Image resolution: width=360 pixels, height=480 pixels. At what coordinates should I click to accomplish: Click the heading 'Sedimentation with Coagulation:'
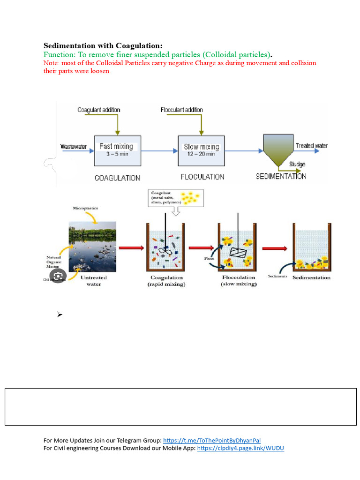(103, 45)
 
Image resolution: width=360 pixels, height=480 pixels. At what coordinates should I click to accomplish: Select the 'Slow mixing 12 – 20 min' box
(201, 150)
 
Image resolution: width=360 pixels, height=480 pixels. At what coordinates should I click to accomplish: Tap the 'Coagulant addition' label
(99, 110)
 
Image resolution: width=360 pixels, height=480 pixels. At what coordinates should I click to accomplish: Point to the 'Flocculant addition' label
(182, 110)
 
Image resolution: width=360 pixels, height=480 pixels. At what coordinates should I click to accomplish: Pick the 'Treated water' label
(311, 146)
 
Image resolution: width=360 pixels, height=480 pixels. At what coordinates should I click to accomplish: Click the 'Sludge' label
(297, 164)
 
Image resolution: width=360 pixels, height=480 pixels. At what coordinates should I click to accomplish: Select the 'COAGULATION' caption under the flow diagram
(117, 178)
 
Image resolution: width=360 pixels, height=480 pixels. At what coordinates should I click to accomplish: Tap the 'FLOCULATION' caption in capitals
(202, 177)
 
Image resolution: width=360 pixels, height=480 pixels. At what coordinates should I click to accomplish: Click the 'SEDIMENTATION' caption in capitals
(281, 177)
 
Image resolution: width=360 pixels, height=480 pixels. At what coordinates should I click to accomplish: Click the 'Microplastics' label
(85, 208)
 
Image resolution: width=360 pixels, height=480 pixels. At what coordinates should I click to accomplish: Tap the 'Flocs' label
(209, 258)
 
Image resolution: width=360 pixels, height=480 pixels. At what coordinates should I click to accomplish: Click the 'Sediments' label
(277, 276)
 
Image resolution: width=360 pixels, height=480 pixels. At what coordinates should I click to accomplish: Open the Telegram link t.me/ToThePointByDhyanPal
(211, 440)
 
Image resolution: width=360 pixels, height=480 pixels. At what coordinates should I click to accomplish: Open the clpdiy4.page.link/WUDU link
(240, 448)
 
